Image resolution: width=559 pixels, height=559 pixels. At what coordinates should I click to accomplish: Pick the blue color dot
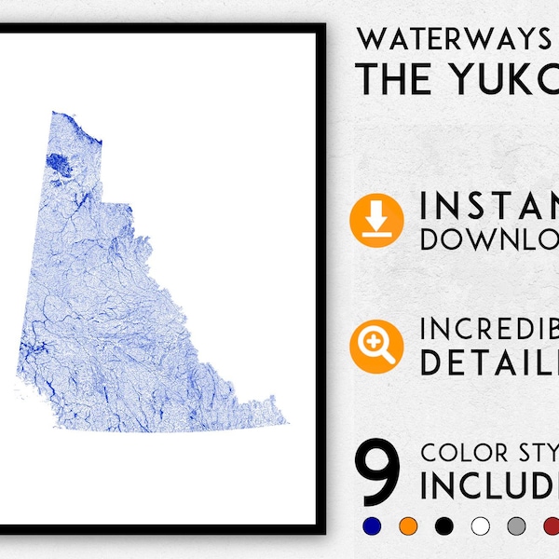[x=372, y=526]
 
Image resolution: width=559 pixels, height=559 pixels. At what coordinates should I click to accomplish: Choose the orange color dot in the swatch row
[x=408, y=526]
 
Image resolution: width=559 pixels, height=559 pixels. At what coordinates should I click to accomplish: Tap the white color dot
[x=481, y=526]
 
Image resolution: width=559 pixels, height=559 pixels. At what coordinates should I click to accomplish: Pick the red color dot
[x=552, y=526]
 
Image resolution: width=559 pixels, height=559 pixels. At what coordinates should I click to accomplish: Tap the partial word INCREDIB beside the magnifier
[x=489, y=330]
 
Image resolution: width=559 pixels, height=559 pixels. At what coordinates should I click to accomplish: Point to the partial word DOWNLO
[x=489, y=239]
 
